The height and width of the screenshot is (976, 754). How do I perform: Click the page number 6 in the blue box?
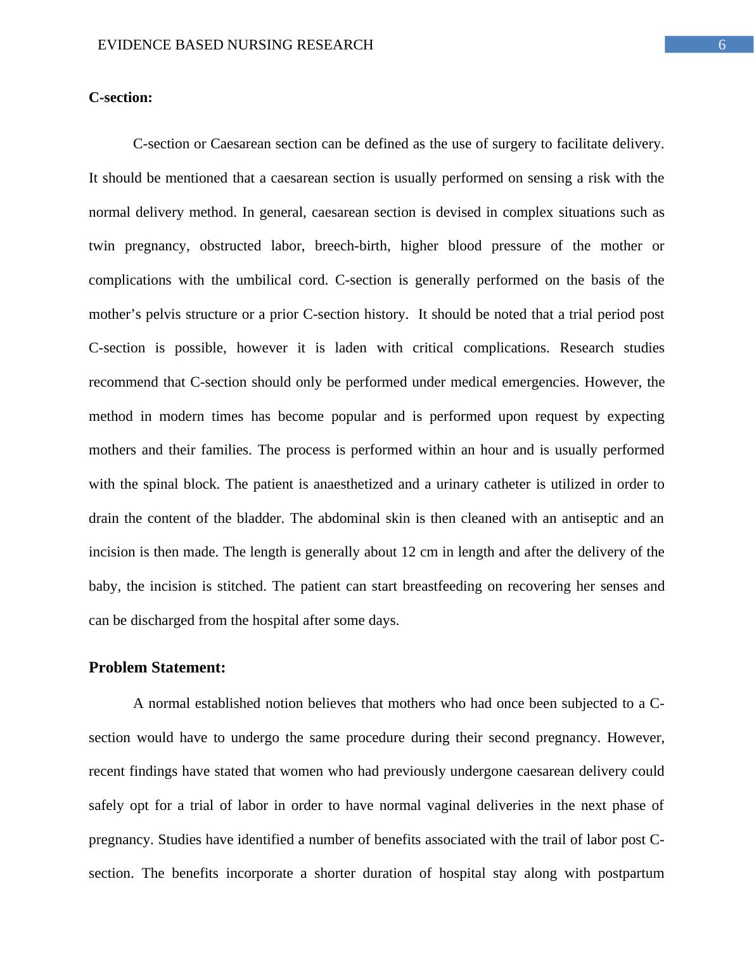[721, 45]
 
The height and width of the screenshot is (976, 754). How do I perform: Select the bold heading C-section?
[120, 98]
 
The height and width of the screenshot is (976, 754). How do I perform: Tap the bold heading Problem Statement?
[157, 667]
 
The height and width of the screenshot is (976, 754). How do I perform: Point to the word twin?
[101, 246]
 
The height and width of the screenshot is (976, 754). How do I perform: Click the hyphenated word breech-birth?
[352, 246]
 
